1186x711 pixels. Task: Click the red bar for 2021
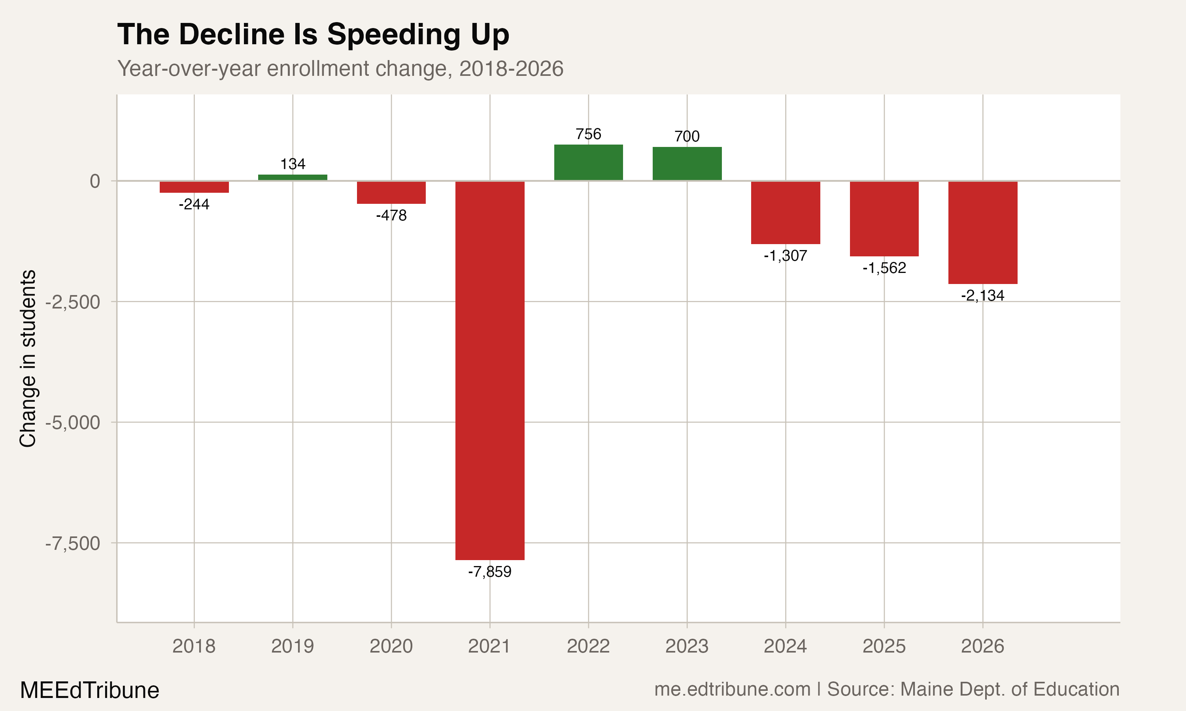pos(489,370)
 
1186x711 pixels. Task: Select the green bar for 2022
pos(588,162)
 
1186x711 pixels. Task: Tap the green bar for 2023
pos(687,164)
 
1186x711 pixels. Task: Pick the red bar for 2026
pos(982,232)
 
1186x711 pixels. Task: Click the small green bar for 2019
pos(293,178)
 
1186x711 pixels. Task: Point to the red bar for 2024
pos(785,213)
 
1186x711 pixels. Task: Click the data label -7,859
pos(489,572)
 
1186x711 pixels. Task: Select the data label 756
pos(588,134)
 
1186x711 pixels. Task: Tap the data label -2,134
pos(982,295)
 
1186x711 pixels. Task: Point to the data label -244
pos(194,205)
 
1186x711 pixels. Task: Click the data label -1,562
pos(884,268)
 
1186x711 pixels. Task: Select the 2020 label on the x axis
pos(391,646)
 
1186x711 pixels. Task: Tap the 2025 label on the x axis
pos(884,646)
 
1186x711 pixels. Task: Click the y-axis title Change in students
pos(28,358)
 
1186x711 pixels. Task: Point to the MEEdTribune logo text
pos(90,690)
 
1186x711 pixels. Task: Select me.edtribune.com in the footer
pos(732,689)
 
